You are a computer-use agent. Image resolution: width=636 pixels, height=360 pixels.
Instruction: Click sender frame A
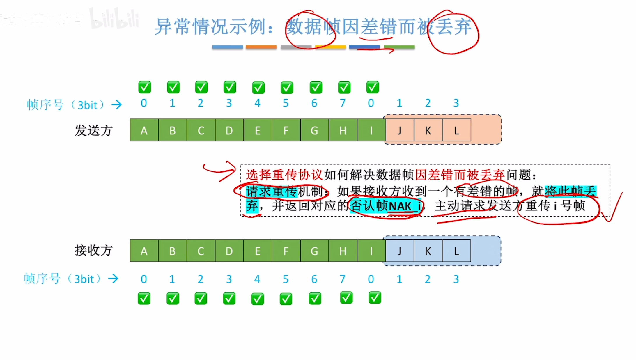click(144, 130)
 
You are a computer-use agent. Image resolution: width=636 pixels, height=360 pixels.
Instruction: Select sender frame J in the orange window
click(399, 130)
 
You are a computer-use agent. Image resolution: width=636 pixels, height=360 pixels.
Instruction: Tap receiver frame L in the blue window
click(456, 251)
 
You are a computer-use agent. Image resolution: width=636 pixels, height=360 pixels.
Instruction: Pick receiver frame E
click(258, 251)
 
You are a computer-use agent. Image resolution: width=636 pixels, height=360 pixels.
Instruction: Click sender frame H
click(343, 130)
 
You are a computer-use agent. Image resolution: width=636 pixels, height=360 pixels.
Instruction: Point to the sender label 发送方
click(93, 130)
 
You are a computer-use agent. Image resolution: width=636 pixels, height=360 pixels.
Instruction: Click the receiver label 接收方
click(93, 250)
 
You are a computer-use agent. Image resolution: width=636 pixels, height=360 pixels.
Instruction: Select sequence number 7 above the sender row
click(343, 103)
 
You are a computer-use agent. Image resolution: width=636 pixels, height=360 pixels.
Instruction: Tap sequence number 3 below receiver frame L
click(456, 279)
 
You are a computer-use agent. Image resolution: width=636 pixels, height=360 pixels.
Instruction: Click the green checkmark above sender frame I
click(373, 87)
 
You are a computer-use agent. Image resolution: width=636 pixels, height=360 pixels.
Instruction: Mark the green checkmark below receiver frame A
click(144, 299)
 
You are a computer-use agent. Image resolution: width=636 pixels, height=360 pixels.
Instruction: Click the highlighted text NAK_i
click(405, 206)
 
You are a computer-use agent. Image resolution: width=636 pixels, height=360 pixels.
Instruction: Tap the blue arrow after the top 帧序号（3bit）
click(117, 104)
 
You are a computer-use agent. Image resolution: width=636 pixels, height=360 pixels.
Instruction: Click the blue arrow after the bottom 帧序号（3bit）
click(113, 279)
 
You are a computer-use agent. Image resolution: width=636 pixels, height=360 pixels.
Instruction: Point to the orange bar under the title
click(261, 47)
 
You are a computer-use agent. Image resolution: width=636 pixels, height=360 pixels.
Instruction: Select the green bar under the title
click(399, 47)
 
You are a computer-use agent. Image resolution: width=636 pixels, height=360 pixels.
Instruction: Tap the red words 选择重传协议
click(284, 175)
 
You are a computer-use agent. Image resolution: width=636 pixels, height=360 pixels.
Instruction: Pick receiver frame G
click(314, 251)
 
